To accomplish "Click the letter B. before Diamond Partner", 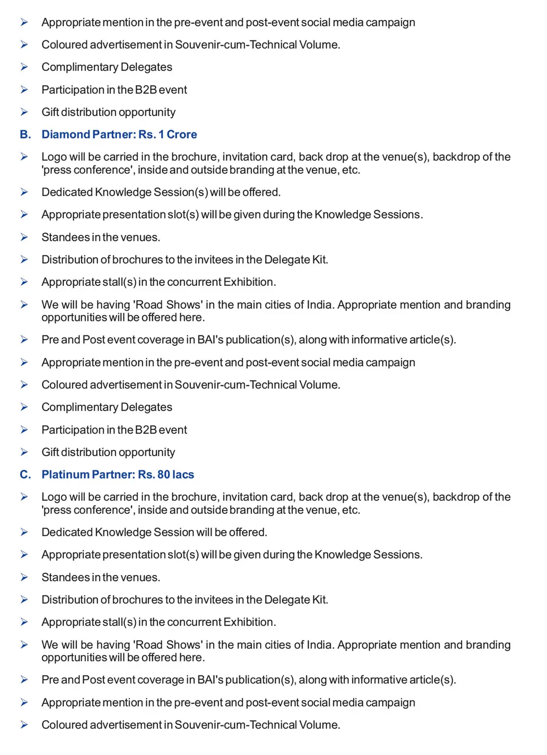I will point(25,134).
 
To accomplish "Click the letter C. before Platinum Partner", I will point(25,474).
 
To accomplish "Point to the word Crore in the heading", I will point(182,134).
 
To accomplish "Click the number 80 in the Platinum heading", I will point(164,474).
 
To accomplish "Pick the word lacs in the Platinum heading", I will point(183,474).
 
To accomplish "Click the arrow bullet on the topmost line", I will point(24,22).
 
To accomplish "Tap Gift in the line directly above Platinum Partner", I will point(50,452).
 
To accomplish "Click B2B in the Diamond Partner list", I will point(146,429).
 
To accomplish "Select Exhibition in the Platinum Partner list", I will point(250,622).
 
